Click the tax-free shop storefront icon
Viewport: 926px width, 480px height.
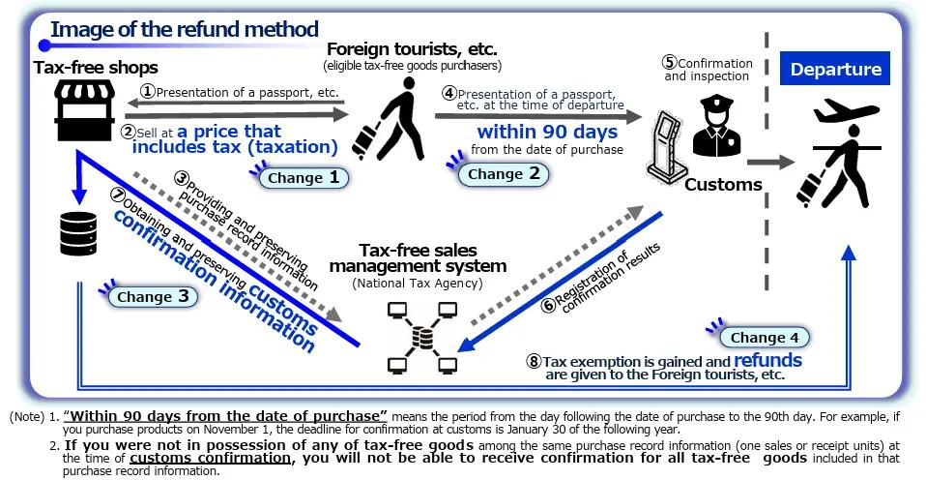[x=84, y=110]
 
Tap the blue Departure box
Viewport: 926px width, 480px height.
[x=835, y=69]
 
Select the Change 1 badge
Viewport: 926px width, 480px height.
[x=304, y=177]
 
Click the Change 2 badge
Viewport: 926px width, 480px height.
[x=504, y=174]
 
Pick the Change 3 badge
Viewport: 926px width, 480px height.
[x=153, y=296]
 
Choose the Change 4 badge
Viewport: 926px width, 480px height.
[x=765, y=338]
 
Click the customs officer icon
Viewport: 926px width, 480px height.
[x=716, y=127]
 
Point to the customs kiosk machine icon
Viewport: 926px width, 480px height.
[x=667, y=144]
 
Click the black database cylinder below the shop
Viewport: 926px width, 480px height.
[x=78, y=233]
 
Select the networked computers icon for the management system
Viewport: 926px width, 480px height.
[x=422, y=337]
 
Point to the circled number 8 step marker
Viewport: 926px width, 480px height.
[x=534, y=361]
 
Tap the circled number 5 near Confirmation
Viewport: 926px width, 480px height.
[x=669, y=62]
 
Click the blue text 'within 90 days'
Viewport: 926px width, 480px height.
[x=547, y=132]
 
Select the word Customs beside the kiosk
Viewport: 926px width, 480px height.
[x=723, y=185]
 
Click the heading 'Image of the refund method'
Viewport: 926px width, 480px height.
[x=185, y=29]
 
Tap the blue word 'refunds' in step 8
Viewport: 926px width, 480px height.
[x=767, y=360]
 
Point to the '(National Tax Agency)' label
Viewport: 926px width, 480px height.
[x=418, y=284]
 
